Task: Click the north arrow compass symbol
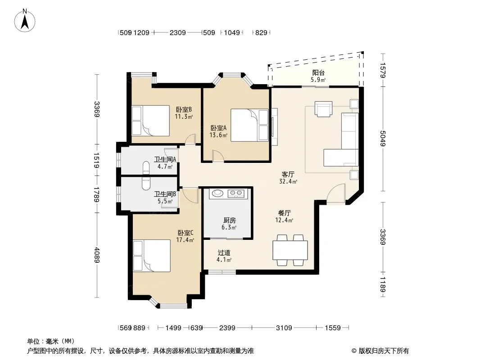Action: pyautogui.click(x=25, y=21)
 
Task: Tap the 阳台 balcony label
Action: pyautogui.click(x=318, y=73)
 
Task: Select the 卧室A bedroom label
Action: pyautogui.click(x=218, y=128)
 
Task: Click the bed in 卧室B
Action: pyautogui.click(x=150, y=121)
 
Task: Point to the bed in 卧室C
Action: pyautogui.click(x=152, y=256)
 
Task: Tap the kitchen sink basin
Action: pyautogui.click(x=217, y=193)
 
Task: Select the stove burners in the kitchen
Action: pyautogui.click(x=236, y=193)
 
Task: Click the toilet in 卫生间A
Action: pyautogui.click(x=146, y=167)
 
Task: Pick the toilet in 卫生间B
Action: pyautogui.click(x=146, y=183)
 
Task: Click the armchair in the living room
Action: pyautogui.click(x=324, y=109)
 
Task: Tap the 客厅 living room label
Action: pyautogui.click(x=288, y=174)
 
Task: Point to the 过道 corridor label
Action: pyautogui.click(x=224, y=252)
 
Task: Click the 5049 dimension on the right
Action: pyautogui.click(x=383, y=138)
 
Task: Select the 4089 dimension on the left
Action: pyautogui.click(x=97, y=255)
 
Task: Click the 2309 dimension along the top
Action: pyautogui.click(x=177, y=32)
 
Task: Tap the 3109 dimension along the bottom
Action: pyautogui.click(x=284, y=328)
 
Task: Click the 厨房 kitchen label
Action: pyautogui.click(x=230, y=220)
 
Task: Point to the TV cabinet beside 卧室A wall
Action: pyautogui.click(x=274, y=126)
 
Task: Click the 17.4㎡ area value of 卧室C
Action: pyautogui.click(x=185, y=240)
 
